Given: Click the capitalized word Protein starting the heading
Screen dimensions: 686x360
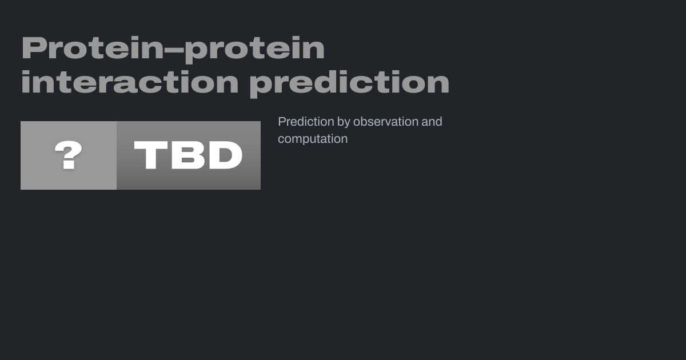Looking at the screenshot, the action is point(93,48).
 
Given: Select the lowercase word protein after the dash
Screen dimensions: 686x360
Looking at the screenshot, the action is point(254,50).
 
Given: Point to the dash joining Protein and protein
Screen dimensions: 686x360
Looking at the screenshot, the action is point(174,50).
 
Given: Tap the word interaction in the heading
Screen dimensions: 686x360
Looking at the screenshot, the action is point(130,82).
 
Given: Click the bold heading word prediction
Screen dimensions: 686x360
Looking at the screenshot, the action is point(349,84).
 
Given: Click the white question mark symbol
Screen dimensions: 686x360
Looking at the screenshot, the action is point(68,155).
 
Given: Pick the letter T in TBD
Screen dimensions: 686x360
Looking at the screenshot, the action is point(151,155).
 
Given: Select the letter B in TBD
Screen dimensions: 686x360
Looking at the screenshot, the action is point(188,155).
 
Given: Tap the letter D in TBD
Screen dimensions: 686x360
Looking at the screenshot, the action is point(226,155).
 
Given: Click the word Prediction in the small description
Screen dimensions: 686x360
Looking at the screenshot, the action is point(306,122).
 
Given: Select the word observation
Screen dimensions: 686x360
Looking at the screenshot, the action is point(385,122).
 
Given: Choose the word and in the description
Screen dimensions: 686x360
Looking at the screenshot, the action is point(432,122).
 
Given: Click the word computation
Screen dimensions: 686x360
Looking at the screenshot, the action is point(313,139).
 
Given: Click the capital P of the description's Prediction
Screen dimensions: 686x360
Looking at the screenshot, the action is point(282,122).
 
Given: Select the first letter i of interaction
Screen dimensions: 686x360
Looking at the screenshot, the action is point(25,82).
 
